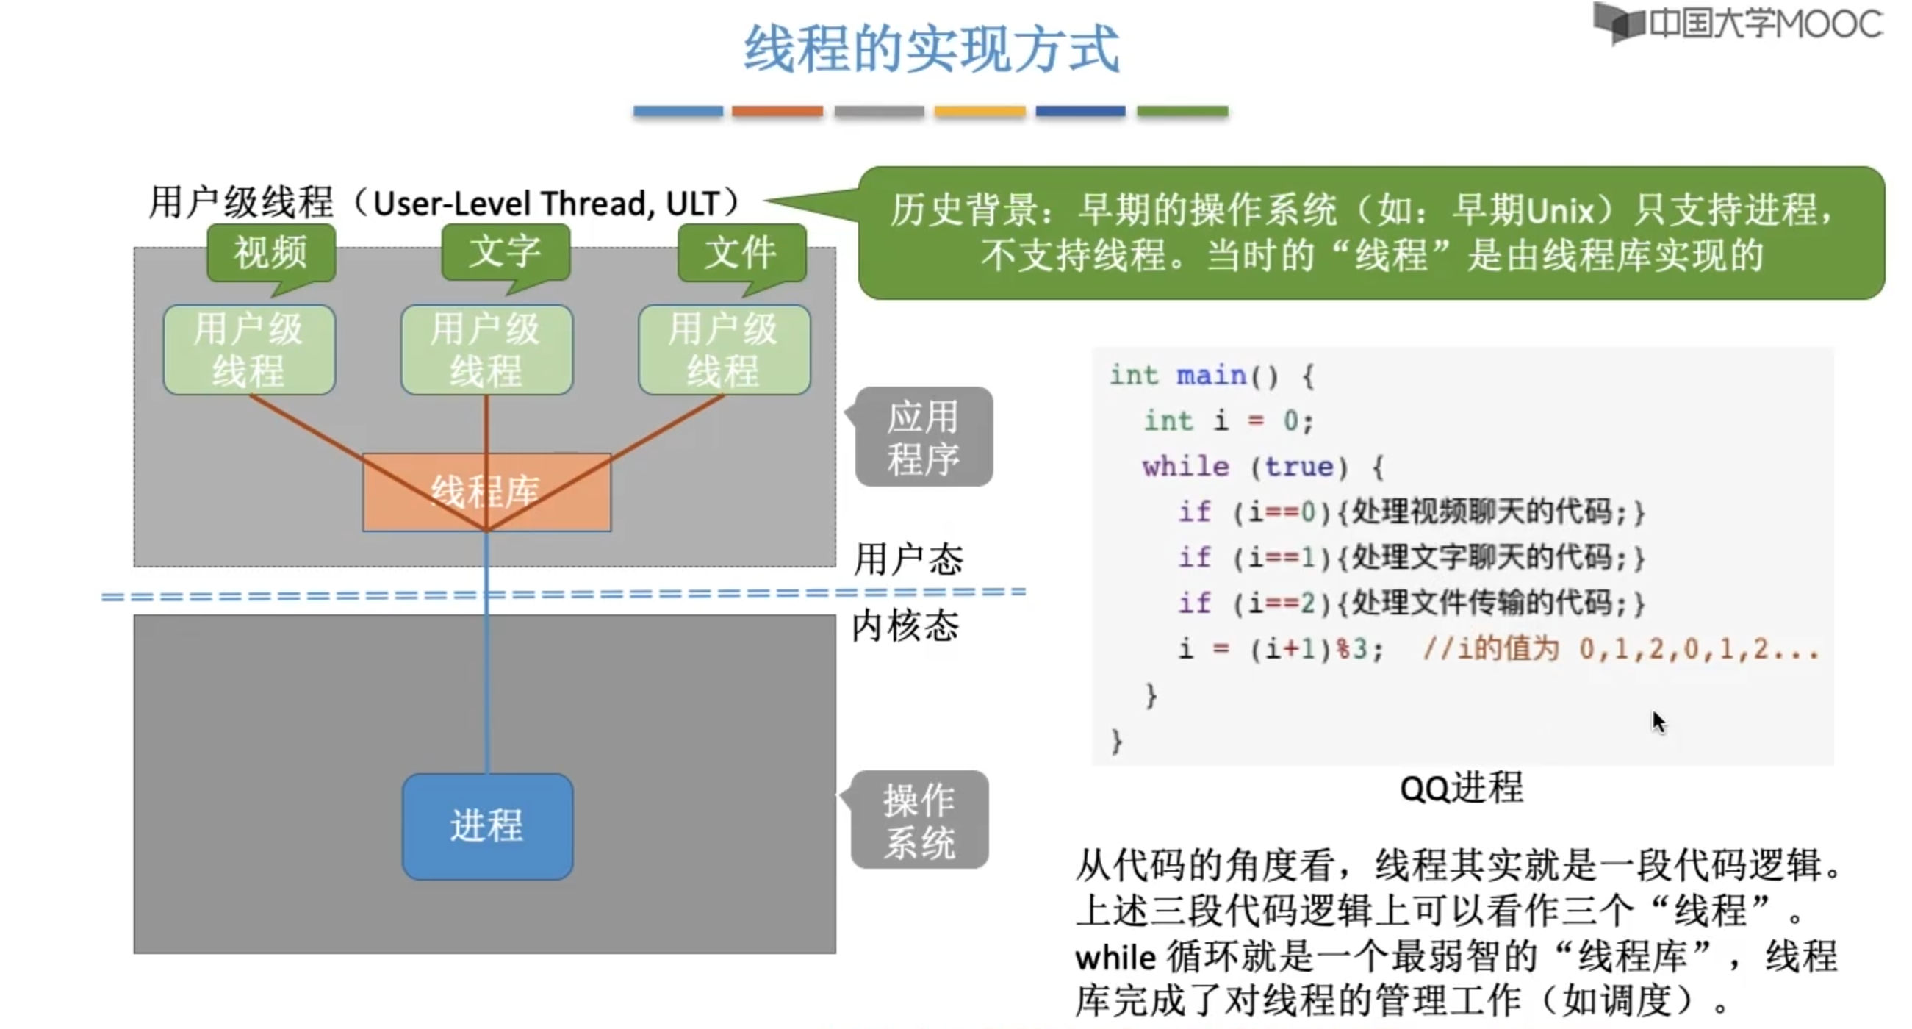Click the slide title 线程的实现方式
point(932,49)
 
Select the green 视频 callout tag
point(271,252)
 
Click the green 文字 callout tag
point(506,252)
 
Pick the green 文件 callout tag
point(741,252)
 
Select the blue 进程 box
point(487,825)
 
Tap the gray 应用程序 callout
point(924,437)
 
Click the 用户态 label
point(908,559)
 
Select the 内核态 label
point(905,625)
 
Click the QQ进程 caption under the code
point(1461,787)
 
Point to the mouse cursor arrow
point(1658,721)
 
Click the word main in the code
point(1211,376)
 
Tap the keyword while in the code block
point(1185,467)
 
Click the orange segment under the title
point(777,112)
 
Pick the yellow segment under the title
point(980,112)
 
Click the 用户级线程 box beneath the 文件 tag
point(724,350)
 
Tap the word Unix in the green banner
point(1559,211)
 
